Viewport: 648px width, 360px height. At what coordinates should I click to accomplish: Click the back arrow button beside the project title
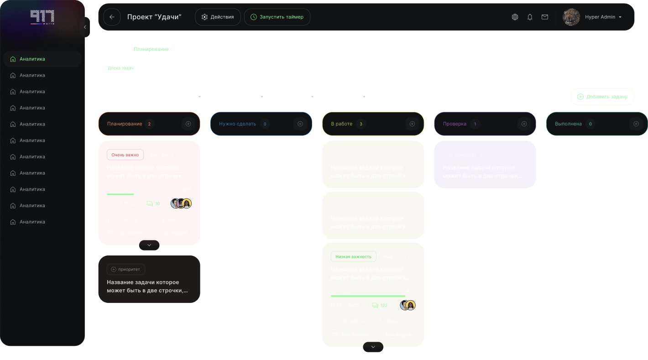[x=112, y=17]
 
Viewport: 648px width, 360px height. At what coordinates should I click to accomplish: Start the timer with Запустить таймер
[x=277, y=17]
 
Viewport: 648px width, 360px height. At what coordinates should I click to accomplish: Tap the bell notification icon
[x=530, y=17]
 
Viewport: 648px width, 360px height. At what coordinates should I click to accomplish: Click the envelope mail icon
[x=544, y=17]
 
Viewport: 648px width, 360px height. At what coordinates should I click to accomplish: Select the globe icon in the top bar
[x=515, y=17]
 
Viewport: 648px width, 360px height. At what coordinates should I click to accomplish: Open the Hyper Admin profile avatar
[x=571, y=17]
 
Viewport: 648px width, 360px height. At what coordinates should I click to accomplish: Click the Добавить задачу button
[x=602, y=97]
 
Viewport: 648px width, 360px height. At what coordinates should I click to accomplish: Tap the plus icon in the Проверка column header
[x=524, y=124]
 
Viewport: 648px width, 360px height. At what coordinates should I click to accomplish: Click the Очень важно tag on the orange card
[x=125, y=155]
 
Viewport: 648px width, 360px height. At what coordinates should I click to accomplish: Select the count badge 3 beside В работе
[x=361, y=124]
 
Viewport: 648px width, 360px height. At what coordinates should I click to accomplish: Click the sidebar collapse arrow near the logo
[x=85, y=27]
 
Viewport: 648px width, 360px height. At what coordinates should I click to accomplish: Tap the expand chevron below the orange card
[x=149, y=245]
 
